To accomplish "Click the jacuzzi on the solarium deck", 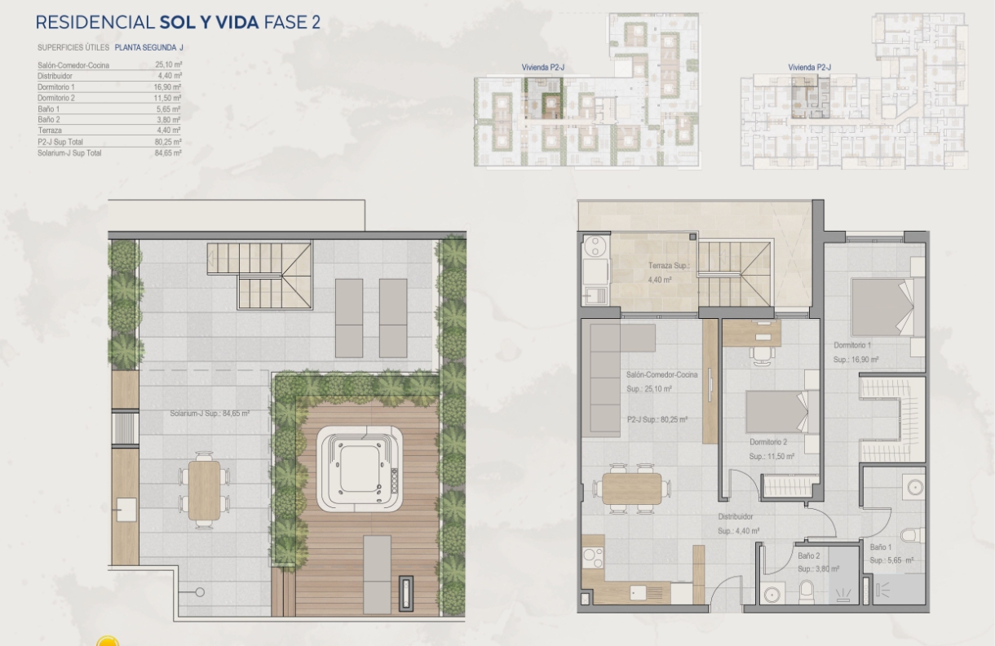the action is [x=360, y=469].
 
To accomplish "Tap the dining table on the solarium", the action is [x=205, y=490].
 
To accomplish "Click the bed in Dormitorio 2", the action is [x=782, y=411].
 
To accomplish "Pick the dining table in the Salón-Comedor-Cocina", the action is [x=631, y=489].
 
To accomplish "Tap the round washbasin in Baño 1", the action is [x=914, y=488].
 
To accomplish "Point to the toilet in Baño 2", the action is [x=806, y=591].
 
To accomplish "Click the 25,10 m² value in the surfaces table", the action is [x=168, y=64].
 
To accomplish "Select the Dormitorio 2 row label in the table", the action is [x=56, y=98].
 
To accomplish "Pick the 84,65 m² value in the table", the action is [x=168, y=153].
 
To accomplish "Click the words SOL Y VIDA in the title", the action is [x=210, y=22].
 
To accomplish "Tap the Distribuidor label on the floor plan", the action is [x=735, y=516].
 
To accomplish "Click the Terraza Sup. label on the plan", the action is [x=669, y=266].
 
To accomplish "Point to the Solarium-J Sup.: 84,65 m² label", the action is [x=210, y=414].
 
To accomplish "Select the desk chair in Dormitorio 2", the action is [x=763, y=356].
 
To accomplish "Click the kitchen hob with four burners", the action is [x=593, y=558].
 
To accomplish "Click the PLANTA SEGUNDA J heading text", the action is [x=148, y=47].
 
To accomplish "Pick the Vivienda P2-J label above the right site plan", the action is [x=809, y=67].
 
